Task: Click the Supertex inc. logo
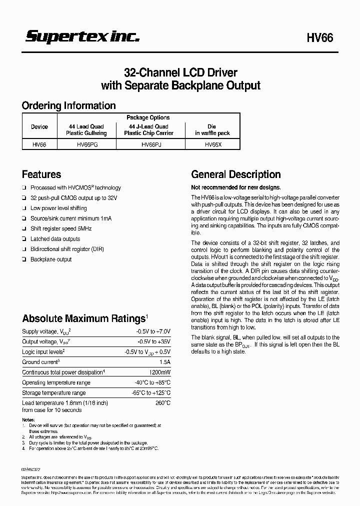pyautogui.click(x=82, y=36)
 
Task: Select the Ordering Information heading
pyautogui.click(x=68, y=105)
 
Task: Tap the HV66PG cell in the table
pyautogui.click(x=87, y=144)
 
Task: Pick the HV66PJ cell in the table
pyautogui.click(x=151, y=144)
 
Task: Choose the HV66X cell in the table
pyautogui.click(x=212, y=144)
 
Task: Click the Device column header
pyautogui.click(x=39, y=127)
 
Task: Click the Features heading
pyautogui.click(x=41, y=174)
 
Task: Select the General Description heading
pyautogui.click(x=236, y=174)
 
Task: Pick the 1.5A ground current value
pyautogui.click(x=164, y=362)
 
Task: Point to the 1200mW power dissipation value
pyautogui.click(x=160, y=372)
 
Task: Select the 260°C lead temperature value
pyautogui.click(x=163, y=403)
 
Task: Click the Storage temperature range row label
pyautogui.click(x=54, y=393)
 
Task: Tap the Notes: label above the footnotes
pyautogui.click(x=28, y=419)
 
